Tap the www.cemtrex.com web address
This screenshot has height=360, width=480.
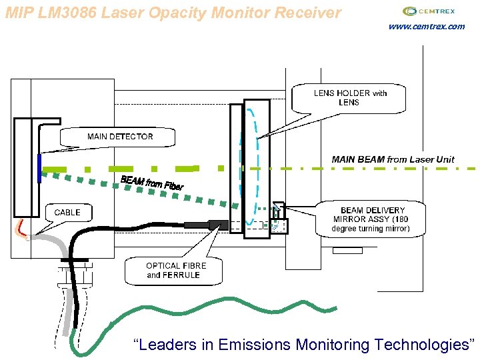[x=426, y=27]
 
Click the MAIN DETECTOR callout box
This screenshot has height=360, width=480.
[x=119, y=137]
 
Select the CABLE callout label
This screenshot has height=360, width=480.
[x=67, y=213]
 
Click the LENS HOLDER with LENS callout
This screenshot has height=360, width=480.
[x=350, y=97]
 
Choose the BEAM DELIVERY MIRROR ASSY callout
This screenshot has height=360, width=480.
[x=371, y=219]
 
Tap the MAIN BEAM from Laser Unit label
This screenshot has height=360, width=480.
[x=393, y=159]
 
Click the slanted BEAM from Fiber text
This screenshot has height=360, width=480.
[x=151, y=183]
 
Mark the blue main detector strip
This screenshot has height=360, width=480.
[x=39, y=168]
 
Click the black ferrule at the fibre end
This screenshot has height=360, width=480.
[x=218, y=225]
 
